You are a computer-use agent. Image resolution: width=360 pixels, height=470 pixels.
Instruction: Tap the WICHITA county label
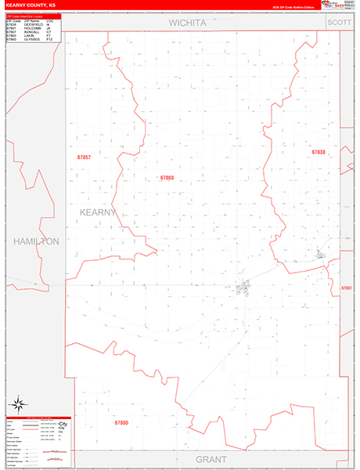[188, 23]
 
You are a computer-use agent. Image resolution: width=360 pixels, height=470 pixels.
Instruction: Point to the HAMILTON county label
[36, 242]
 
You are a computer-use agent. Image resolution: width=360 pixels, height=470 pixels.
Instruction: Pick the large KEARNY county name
[99, 212]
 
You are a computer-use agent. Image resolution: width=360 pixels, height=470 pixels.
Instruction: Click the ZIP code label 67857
[84, 157]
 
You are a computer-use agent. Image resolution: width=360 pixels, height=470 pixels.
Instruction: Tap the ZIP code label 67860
[167, 178]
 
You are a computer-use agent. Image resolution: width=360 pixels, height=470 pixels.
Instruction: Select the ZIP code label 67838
[319, 152]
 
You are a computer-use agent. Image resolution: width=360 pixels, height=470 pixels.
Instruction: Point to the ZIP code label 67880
[121, 423]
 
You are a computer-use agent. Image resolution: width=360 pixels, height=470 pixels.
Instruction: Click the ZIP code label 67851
[347, 288]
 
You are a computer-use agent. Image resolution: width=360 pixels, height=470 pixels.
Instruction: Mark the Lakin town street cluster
[245, 287]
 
